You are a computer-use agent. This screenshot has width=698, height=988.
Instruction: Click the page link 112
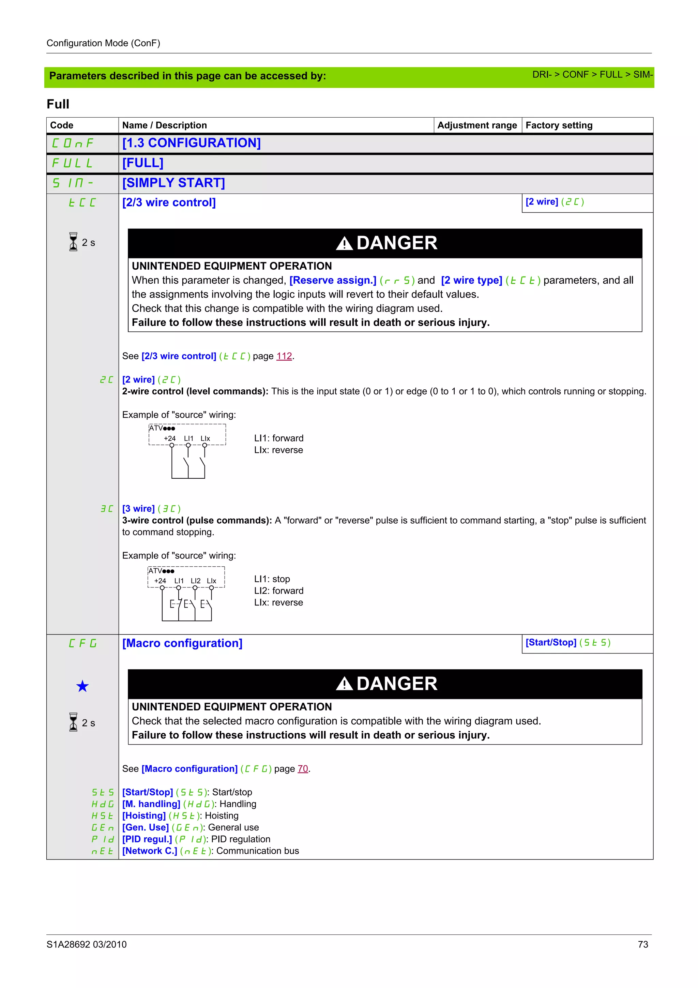tap(284, 356)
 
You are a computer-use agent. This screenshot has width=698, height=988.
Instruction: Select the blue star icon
tap(82, 686)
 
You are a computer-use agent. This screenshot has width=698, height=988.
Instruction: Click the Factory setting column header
tap(559, 125)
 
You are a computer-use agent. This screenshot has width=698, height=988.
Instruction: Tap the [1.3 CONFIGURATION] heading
tap(192, 143)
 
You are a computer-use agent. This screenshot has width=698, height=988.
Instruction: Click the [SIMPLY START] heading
tap(173, 183)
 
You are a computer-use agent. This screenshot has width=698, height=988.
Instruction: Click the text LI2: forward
tap(279, 590)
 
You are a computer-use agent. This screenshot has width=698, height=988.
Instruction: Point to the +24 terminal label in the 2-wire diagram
tap(169, 438)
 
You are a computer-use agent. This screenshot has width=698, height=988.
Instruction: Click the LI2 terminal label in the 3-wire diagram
tap(195, 581)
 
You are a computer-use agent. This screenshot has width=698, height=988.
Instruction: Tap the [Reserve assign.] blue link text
tap(332, 280)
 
